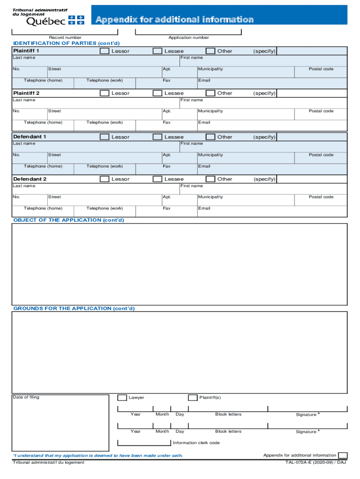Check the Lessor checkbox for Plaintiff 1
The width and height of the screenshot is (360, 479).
pyautogui.click(x=104, y=51)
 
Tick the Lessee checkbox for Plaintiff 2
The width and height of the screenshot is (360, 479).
pyautogui.click(x=157, y=93)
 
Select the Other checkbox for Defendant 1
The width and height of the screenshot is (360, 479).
pyautogui.click(x=210, y=137)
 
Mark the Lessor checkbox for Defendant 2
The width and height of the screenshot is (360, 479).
pyautogui.click(x=104, y=179)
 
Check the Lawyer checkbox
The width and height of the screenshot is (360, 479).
pyautogui.click(x=122, y=398)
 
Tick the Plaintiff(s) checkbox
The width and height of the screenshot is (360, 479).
pyautogui.click(x=193, y=398)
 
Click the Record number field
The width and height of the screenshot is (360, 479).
pyautogui.click(x=65, y=31)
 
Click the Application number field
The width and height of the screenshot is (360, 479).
pyautogui.click(x=188, y=31)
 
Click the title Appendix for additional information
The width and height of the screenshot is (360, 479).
pyautogui.click(x=175, y=19)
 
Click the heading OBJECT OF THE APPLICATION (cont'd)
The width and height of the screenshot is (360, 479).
pyautogui.click(x=69, y=220)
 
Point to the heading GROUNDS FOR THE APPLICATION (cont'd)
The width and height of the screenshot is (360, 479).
pyautogui.click(x=74, y=309)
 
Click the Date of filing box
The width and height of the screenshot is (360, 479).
pyautogui.click(x=60, y=419)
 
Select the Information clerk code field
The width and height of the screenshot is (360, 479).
pyautogui.click(x=144, y=443)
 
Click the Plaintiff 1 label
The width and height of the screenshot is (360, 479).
pyautogui.click(x=26, y=51)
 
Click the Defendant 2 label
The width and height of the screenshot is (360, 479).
pyautogui.click(x=30, y=179)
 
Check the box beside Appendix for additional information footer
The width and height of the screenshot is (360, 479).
pyautogui.click(x=343, y=456)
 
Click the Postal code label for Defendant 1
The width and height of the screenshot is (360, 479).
pyautogui.click(x=321, y=155)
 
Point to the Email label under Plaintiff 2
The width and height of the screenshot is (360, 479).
pyautogui.click(x=204, y=123)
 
